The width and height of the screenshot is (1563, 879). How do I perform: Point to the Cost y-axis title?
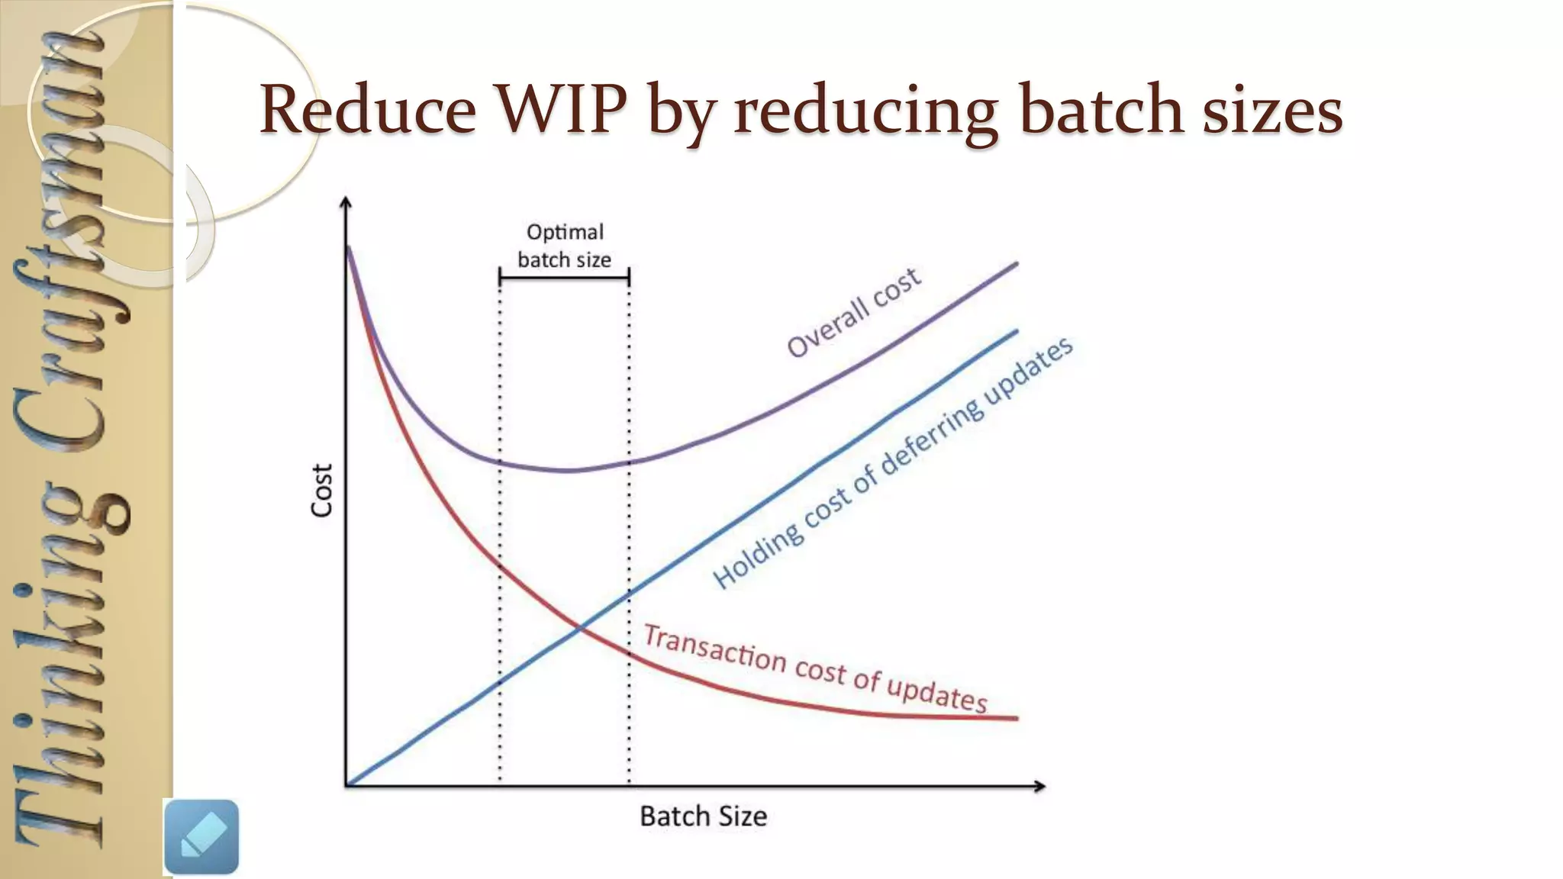[x=322, y=491]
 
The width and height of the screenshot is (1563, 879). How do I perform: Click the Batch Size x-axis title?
[x=703, y=816]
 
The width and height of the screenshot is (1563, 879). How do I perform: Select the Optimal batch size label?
[x=564, y=246]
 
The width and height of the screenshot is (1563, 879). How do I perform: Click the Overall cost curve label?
[x=854, y=312]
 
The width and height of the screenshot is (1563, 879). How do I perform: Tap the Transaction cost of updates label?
[x=815, y=668]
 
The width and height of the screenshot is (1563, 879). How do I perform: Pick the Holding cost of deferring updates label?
[x=893, y=463]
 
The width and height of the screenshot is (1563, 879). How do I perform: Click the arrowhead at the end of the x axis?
[x=1039, y=786]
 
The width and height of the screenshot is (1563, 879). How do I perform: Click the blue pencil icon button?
[x=201, y=836]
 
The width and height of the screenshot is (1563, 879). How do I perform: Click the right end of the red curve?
[x=1016, y=718]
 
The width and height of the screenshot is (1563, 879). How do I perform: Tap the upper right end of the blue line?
[x=1016, y=331]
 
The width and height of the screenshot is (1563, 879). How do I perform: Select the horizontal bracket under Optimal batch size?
[x=564, y=277]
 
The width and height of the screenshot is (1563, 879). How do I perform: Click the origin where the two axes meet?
[x=346, y=785]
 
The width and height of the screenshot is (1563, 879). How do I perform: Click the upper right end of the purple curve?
[x=1016, y=264]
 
